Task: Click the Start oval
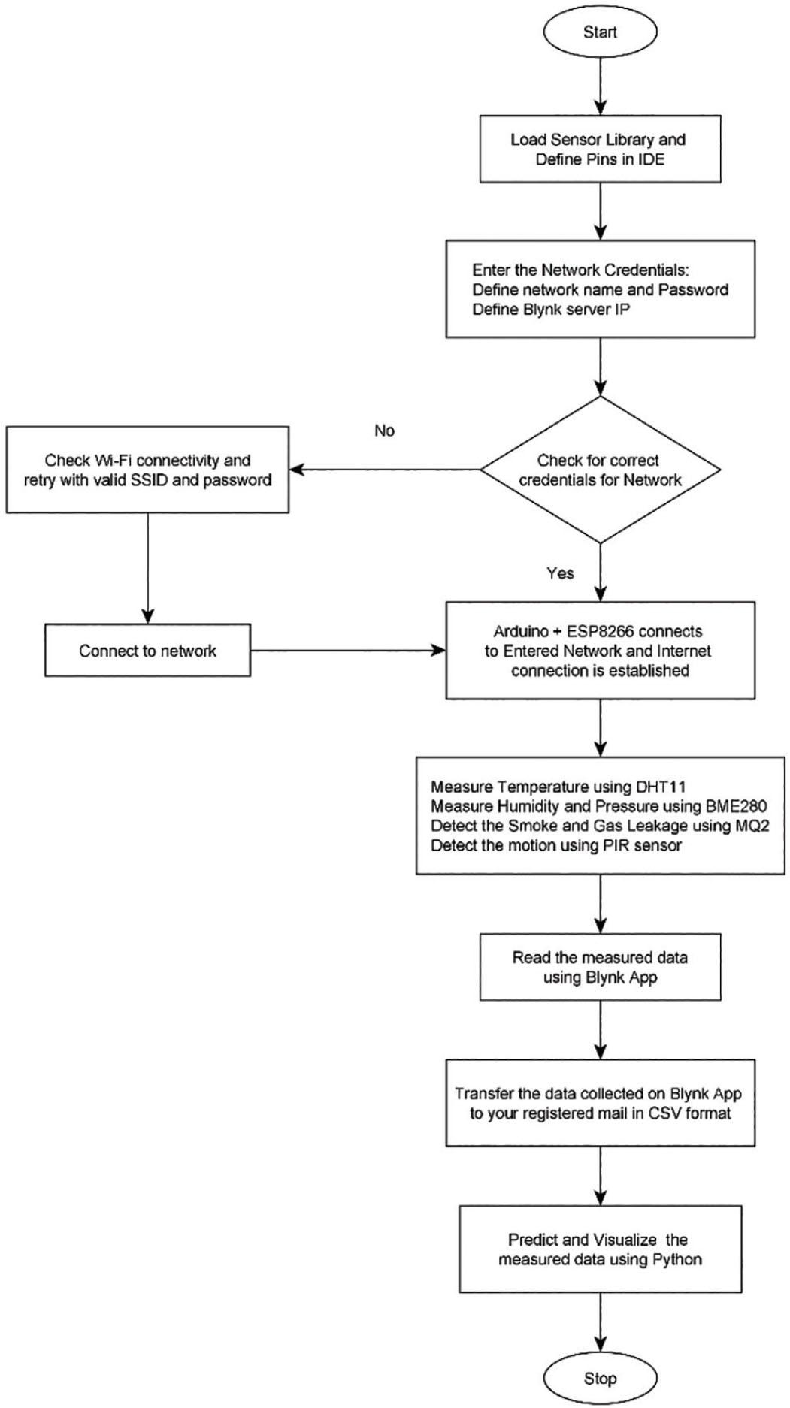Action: tap(600, 32)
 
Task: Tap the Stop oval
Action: tap(600, 1378)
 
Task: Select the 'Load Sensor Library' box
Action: tap(600, 149)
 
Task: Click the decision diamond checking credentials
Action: tap(600, 470)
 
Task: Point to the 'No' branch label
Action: tap(384, 431)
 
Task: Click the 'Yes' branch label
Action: tap(560, 573)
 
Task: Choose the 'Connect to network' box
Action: tap(147, 651)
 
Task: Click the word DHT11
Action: tap(661, 787)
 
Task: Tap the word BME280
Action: tap(736, 806)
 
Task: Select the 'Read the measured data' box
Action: tap(600, 967)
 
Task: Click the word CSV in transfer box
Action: tap(665, 1113)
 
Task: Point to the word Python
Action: tap(676, 1259)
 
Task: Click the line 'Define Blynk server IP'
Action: tap(550, 309)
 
